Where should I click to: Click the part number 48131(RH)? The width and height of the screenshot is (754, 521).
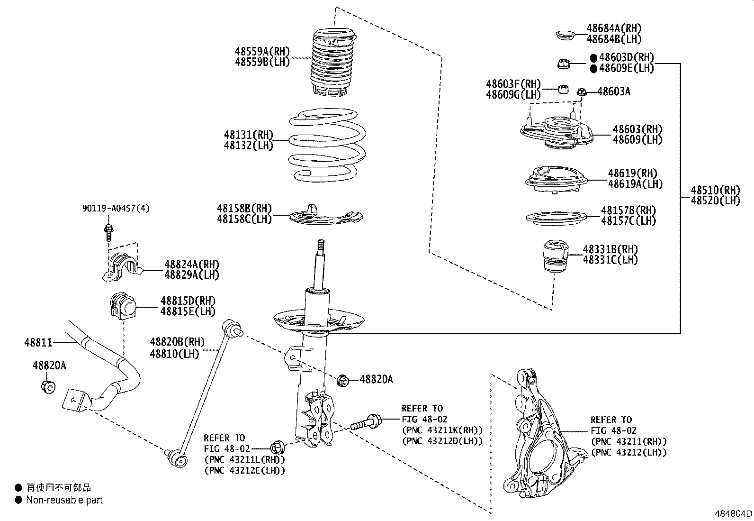[249, 135]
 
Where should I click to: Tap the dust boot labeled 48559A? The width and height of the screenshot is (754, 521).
[334, 64]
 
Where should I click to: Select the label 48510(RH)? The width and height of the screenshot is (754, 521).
[715, 190]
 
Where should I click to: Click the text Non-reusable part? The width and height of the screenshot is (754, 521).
[64, 500]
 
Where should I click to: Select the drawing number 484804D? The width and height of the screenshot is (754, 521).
[733, 513]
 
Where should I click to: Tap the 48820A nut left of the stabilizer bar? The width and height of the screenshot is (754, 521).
[48, 386]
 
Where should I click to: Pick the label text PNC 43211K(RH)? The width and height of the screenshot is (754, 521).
[442, 430]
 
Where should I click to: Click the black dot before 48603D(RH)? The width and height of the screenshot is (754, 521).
[593, 58]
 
